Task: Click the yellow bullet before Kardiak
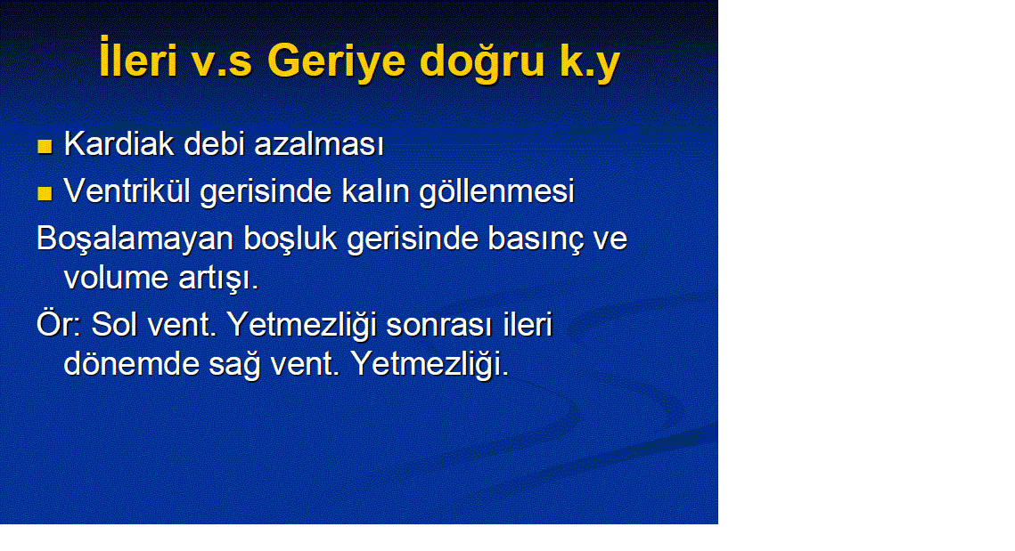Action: [45, 146]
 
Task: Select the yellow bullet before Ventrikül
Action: [45, 193]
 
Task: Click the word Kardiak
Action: [119, 143]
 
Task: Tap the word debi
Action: [214, 143]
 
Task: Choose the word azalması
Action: [319, 143]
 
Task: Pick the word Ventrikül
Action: [127, 190]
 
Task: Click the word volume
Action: [115, 278]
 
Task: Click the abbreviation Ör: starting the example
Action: [58, 324]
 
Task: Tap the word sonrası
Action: [439, 324]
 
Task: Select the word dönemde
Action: [131, 363]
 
